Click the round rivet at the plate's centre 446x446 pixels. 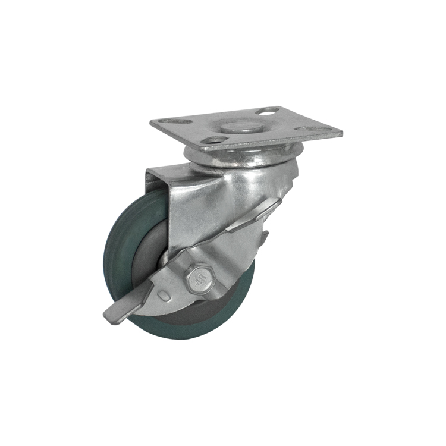(x=237, y=127)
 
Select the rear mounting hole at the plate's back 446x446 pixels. (x=269, y=111)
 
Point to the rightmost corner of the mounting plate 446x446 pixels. (x=343, y=133)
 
